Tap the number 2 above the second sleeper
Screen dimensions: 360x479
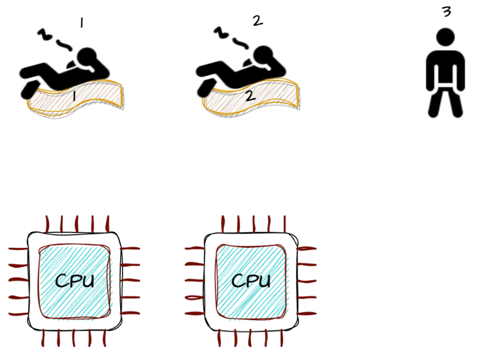[258, 21]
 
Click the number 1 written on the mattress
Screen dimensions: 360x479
[73, 97]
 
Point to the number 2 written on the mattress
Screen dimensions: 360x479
[250, 96]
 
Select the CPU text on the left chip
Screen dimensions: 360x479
[74, 280]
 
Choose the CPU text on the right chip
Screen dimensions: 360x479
[251, 280]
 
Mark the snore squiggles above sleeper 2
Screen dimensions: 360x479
[232, 38]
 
